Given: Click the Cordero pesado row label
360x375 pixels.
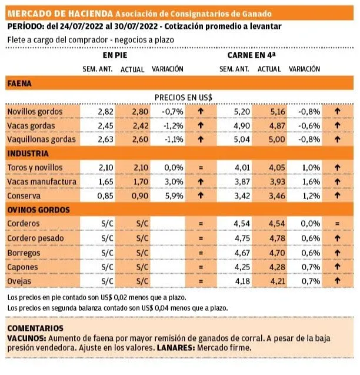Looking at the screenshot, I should [34, 238].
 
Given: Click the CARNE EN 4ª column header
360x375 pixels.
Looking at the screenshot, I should [251, 55].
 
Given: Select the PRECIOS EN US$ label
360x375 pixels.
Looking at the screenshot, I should [183, 97].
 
